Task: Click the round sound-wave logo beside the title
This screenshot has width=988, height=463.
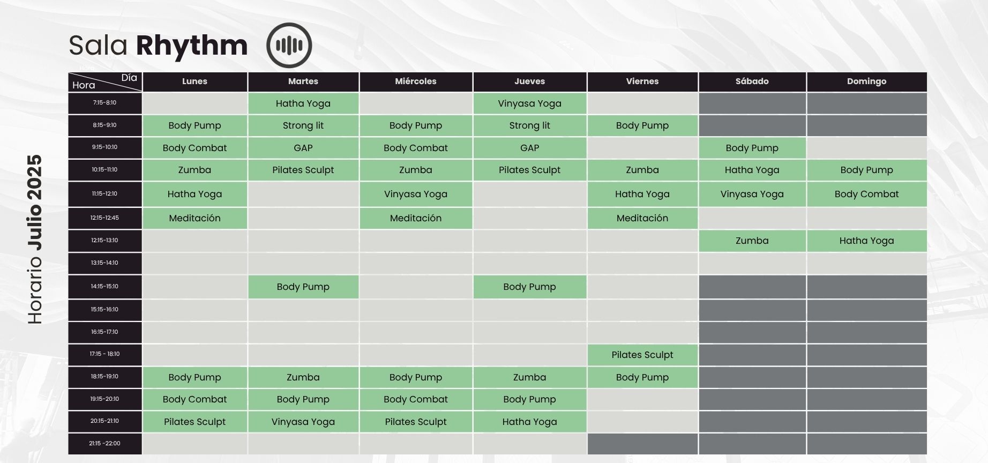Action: [x=289, y=46]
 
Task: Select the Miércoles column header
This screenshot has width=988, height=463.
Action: [x=416, y=81]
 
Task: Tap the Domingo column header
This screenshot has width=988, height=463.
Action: [x=866, y=81]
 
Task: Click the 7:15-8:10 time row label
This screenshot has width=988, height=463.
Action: [x=104, y=103]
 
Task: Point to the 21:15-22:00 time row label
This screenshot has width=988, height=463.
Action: [x=104, y=444]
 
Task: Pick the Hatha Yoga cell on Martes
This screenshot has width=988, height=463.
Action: [x=303, y=103]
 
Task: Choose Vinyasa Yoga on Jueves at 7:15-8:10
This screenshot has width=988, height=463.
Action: [x=529, y=103]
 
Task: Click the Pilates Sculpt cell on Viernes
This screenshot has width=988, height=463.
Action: [x=642, y=355]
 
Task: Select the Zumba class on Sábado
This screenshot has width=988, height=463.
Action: [x=752, y=241]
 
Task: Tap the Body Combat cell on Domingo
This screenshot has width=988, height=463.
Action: [x=866, y=194]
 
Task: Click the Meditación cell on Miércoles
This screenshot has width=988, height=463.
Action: [x=416, y=218]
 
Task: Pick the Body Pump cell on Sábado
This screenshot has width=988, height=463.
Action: [x=752, y=148]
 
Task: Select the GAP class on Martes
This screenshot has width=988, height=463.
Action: [x=303, y=148]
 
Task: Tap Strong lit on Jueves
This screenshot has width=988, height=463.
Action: [x=529, y=125]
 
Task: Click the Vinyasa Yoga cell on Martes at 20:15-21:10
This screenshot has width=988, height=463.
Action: [x=303, y=422]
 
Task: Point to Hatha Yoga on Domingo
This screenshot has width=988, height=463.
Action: [x=866, y=241]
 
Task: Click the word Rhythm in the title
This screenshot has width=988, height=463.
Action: [x=192, y=46]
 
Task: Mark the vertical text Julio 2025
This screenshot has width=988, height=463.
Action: [x=35, y=203]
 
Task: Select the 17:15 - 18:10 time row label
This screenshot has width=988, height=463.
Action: [x=104, y=354]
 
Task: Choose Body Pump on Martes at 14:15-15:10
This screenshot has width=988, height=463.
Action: [x=303, y=287]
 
